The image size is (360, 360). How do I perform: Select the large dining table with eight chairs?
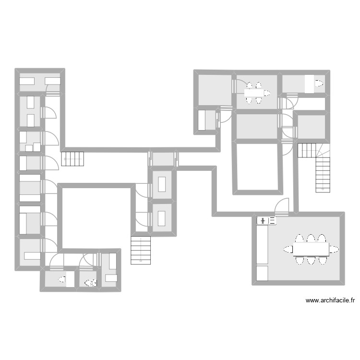311,249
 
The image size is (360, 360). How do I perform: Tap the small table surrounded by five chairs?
253,93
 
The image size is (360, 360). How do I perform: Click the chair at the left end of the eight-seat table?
288,249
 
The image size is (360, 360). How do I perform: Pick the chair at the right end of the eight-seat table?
334,249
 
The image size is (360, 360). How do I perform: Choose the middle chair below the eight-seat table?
311,260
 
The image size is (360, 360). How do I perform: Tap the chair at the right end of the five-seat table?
267,93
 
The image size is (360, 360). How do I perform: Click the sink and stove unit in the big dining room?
266,220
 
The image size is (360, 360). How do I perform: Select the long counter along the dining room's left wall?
262,244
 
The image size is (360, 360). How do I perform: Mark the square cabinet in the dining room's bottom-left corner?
262,273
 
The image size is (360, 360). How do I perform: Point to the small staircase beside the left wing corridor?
73,158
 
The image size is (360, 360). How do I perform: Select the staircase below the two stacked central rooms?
141,249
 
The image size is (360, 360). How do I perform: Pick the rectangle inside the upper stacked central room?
162,184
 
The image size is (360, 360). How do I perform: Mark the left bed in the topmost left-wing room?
26,82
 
